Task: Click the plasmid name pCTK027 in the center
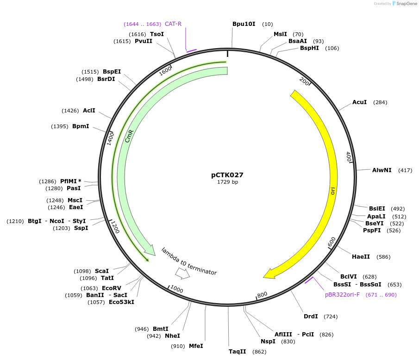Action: click(227, 175)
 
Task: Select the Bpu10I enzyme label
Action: click(244, 24)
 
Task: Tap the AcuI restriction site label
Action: click(359, 102)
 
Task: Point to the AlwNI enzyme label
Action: click(381, 170)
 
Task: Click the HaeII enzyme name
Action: click(361, 256)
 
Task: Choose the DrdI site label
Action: click(311, 317)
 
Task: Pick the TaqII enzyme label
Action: click(238, 352)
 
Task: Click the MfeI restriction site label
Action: click(196, 346)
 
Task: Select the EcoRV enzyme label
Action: click(112, 288)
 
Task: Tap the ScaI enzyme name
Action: click(102, 271)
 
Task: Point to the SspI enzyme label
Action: click(81, 228)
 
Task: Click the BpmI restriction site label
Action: click(81, 126)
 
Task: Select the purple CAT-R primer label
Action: click(173, 24)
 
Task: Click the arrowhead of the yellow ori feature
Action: click(269, 274)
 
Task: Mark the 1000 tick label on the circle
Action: click(176, 289)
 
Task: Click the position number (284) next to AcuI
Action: click(380, 102)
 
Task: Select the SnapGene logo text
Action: click(406, 4)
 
